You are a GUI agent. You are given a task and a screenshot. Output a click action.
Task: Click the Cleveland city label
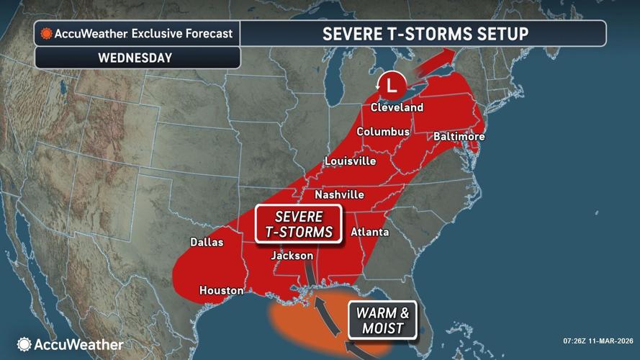(397, 107)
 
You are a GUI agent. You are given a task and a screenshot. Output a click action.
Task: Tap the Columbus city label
(383, 132)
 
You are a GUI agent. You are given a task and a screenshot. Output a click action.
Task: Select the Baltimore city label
(459, 137)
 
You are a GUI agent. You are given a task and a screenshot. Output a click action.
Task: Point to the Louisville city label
(350, 161)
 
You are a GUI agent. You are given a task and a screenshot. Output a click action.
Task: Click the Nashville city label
(340, 195)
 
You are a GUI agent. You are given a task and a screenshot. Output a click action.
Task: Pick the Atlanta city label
(369, 232)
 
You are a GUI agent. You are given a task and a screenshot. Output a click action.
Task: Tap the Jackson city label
(292, 256)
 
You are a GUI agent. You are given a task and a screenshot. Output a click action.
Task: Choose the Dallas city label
(207, 243)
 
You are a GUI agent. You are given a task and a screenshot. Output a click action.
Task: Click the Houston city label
(221, 291)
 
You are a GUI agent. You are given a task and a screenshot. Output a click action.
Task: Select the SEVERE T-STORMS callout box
(298, 223)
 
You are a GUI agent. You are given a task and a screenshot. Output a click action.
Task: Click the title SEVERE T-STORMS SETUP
(425, 34)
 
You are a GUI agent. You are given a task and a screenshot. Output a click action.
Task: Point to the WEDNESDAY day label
(137, 58)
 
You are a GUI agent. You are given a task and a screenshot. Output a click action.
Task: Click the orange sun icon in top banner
(47, 34)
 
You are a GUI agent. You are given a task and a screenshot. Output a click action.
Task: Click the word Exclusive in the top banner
(160, 34)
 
